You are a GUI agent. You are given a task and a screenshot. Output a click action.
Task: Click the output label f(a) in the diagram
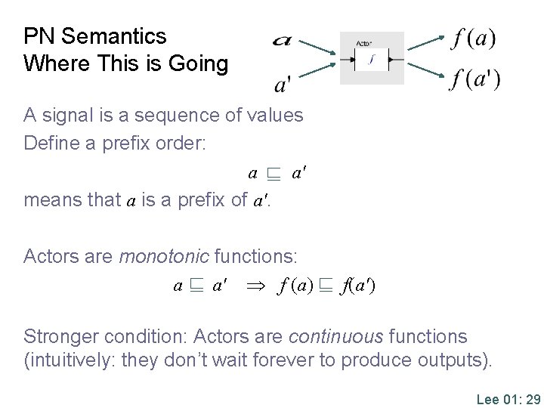(473, 38)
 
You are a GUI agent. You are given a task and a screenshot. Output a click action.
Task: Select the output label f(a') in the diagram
(474, 79)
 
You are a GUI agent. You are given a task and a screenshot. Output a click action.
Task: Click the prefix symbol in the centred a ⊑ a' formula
(272, 175)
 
